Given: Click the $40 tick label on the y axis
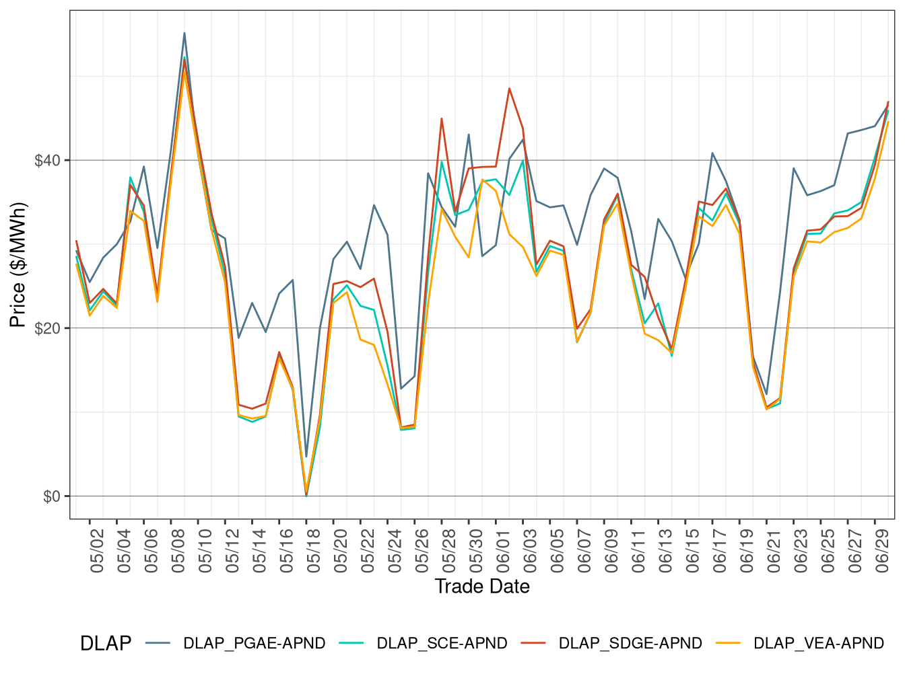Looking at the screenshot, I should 48,161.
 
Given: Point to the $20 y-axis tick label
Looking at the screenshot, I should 48,328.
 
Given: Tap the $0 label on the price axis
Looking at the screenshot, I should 52,496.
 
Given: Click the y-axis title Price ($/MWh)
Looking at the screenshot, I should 18,265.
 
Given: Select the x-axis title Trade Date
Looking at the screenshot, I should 482,587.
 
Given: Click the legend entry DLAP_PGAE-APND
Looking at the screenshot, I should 254,644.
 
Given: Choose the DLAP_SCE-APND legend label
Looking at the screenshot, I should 442,644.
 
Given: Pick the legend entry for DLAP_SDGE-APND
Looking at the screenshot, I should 630,644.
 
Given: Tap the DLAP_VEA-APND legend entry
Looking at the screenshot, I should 818,644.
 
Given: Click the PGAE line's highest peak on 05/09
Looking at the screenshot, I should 185,33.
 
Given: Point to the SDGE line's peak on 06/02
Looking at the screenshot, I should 509,88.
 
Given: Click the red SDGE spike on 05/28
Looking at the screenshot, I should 442,118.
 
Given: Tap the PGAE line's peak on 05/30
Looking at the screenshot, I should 469,135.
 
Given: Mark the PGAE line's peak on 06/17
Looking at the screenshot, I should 712,153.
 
